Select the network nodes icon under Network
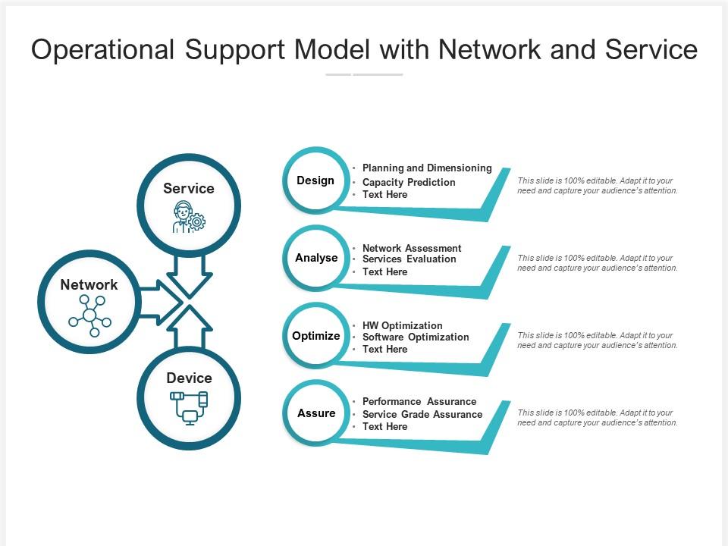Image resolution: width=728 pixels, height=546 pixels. pyautogui.click(x=89, y=315)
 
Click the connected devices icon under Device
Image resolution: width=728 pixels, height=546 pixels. pyautogui.click(x=189, y=407)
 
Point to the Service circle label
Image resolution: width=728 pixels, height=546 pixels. pyautogui.click(x=189, y=188)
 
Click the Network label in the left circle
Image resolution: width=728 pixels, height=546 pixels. pyautogui.click(x=89, y=284)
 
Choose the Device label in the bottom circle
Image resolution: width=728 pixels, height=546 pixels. pyautogui.click(x=189, y=378)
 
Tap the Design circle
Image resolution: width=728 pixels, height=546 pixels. pyautogui.click(x=315, y=180)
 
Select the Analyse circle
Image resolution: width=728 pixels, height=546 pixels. pyautogui.click(x=316, y=258)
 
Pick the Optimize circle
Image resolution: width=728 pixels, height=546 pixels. pyautogui.click(x=316, y=336)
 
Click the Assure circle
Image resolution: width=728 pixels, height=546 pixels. pyautogui.click(x=316, y=413)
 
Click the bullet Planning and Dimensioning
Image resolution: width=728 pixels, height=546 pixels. pyautogui.click(x=427, y=168)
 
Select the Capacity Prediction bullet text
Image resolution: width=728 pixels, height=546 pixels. pyautogui.click(x=409, y=182)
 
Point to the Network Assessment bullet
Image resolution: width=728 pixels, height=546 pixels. pyautogui.click(x=412, y=248)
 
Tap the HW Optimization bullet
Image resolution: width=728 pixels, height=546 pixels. pyautogui.click(x=402, y=325)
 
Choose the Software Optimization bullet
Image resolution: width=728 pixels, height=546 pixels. pyautogui.click(x=416, y=337)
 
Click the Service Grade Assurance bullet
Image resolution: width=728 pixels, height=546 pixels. pyautogui.click(x=422, y=414)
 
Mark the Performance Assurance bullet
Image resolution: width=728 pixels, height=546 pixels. pyautogui.click(x=419, y=401)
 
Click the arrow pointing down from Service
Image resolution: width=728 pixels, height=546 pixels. pyautogui.click(x=189, y=276)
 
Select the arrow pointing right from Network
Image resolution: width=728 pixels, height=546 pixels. pyautogui.click(x=159, y=302)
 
